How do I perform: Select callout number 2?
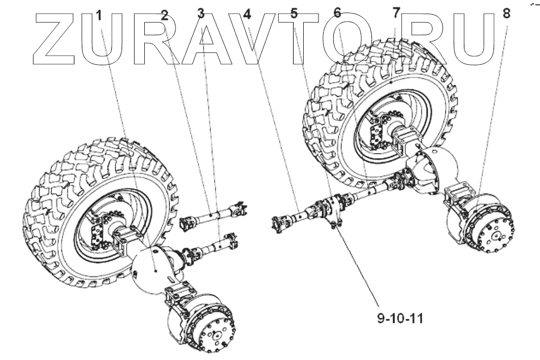(x=164, y=15)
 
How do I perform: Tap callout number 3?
(x=200, y=14)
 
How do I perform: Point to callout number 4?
(x=246, y=15)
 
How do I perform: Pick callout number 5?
(x=294, y=14)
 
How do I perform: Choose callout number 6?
(x=337, y=13)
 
